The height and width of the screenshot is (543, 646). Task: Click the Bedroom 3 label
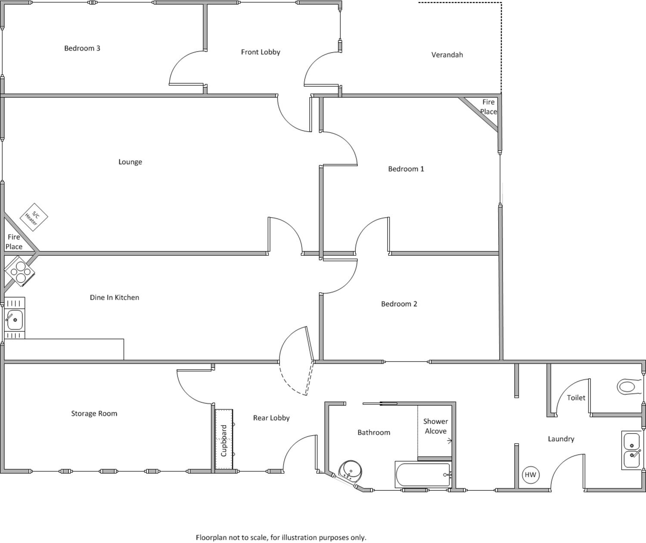[x=82, y=48]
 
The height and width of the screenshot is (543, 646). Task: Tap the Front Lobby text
[x=261, y=52]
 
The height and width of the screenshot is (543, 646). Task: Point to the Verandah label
[x=447, y=55]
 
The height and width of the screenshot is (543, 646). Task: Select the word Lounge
[x=130, y=162]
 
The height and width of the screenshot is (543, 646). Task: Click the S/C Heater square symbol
[x=34, y=217]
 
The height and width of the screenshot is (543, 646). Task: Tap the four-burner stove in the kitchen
[x=19, y=271]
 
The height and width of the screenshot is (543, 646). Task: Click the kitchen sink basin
[x=15, y=320]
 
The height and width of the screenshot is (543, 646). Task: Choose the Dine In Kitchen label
[x=115, y=298]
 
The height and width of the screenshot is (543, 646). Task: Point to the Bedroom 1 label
[x=406, y=169]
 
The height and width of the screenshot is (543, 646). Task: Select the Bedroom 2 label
[x=399, y=304]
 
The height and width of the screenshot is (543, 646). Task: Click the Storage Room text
[x=94, y=414]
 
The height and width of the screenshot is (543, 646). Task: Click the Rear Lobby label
[x=271, y=418]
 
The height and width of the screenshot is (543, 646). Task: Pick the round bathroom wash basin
[x=350, y=471]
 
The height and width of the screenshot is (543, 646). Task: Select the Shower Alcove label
[x=435, y=426]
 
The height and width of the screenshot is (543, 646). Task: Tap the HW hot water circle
[x=531, y=474]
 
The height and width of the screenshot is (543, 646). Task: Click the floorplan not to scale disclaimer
[x=281, y=537]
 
